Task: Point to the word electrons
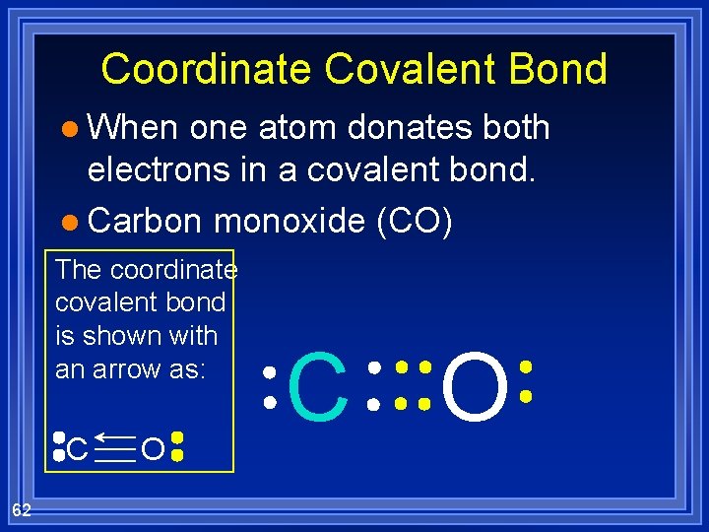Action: click(x=172, y=169)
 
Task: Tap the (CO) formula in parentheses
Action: click(x=415, y=222)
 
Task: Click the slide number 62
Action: click(x=22, y=509)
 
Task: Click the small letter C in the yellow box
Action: click(x=79, y=451)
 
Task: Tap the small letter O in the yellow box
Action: click(x=152, y=451)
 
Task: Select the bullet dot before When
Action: click(x=67, y=129)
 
